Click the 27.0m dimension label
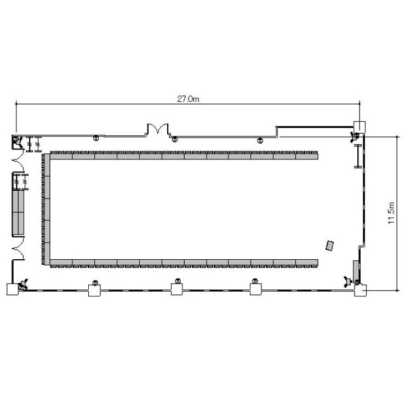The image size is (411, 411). [x=188, y=99]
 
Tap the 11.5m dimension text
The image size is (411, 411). [x=391, y=213]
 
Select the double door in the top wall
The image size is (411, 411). [x=157, y=129]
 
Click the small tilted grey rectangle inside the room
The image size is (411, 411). [x=330, y=246]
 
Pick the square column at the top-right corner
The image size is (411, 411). [x=359, y=127]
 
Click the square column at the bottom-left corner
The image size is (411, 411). [x=13, y=289]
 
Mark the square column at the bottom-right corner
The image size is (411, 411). [x=361, y=290]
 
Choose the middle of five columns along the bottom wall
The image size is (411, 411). [x=177, y=289]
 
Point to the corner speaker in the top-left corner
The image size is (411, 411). [x=18, y=141]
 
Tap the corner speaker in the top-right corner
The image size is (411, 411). [x=355, y=137]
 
